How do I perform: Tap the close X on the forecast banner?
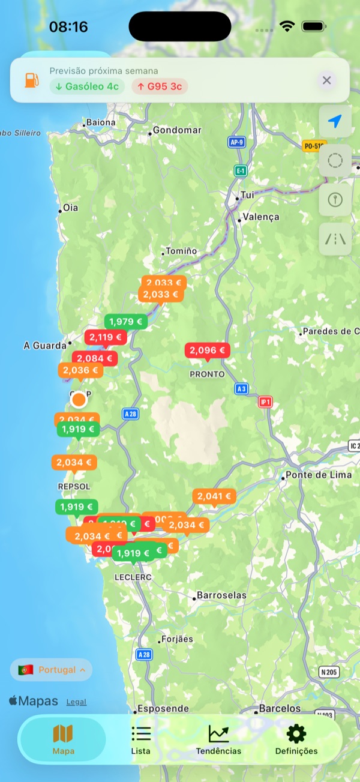[326, 80]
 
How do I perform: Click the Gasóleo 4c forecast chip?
[87, 86]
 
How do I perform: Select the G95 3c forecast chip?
[160, 86]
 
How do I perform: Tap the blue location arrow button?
[335, 121]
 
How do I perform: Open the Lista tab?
[141, 739]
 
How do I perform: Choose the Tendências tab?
[218, 739]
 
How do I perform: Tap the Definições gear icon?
[296, 733]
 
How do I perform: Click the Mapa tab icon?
[63, 733]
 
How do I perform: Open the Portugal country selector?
[52, 670]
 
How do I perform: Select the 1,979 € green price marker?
[125, 322]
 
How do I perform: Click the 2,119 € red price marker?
[106, 337]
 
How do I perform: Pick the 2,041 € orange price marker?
[214, 496]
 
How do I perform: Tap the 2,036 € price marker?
[80, 370]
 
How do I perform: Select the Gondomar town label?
[177, 130]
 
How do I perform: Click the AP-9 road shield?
[237, 142]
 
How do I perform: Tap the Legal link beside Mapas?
[76, 702]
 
